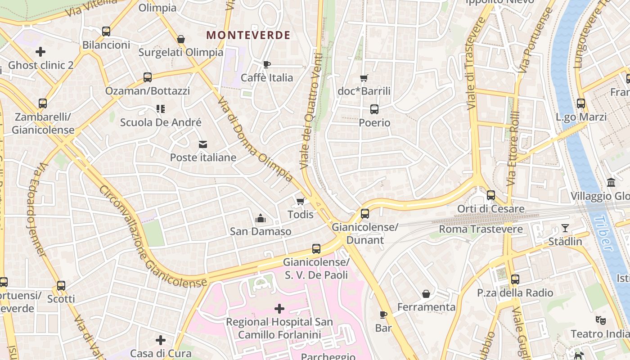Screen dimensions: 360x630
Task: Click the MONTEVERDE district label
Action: click(248, 35)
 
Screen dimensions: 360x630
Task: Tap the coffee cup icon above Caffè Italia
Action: click(266, 64)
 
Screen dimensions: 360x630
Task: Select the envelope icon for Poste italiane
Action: click(203, 144)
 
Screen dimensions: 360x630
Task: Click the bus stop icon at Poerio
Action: click(374, 109)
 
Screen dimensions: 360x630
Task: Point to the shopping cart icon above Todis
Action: click(300, 201)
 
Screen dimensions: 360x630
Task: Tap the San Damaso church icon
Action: click(260, 219)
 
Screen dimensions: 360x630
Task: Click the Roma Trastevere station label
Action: click(481, 229)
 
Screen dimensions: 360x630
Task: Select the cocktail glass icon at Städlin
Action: click(565, 228)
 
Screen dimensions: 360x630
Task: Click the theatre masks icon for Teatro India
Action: click(600, 320)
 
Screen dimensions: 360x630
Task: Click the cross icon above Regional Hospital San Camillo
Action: click(279, 309)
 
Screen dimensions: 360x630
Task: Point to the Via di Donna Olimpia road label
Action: click(255, 140)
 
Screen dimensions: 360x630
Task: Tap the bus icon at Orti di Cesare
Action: click(490, 195)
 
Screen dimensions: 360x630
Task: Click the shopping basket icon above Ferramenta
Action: click(426, 294)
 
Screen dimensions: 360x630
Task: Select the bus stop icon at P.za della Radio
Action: click(515, 279)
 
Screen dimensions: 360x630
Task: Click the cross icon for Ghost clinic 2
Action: click(40, 52)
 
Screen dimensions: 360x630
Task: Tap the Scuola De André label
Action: click(161, 122)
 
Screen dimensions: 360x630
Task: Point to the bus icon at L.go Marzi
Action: click(581, 103)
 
